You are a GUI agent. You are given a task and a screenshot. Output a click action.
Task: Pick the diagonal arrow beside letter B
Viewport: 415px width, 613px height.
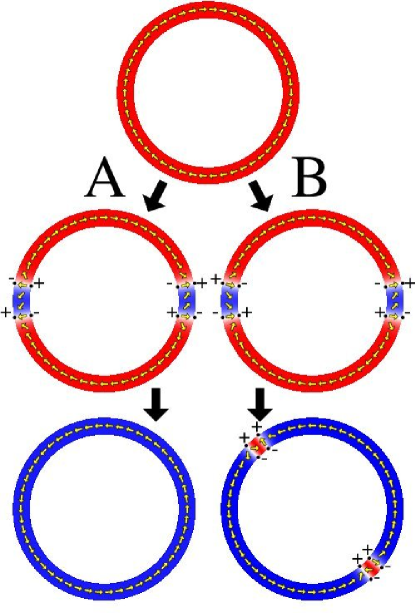(262, 198)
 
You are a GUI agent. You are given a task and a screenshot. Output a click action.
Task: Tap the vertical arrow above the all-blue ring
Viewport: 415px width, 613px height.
(156, 406)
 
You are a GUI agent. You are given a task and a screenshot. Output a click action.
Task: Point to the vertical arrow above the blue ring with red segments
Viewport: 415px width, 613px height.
(260, 405)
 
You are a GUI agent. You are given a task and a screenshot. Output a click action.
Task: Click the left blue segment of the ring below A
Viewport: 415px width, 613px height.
(22, 299)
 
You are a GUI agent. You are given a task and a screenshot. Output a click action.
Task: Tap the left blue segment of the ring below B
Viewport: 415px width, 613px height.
(228, 299)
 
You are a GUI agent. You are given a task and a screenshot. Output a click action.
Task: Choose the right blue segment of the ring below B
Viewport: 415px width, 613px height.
(393, 299)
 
